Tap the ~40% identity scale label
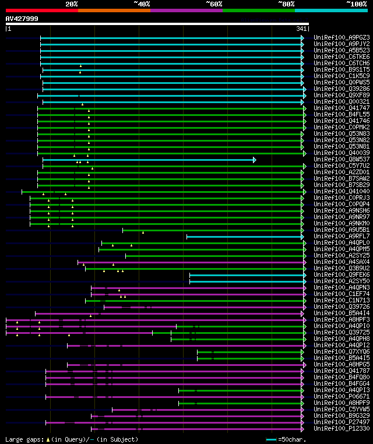coord(142,3)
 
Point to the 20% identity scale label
coord(72,3)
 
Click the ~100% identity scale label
coord(356,3)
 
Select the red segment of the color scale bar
coord(41,10)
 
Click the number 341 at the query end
coord(301,29)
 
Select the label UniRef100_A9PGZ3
coord(341,37)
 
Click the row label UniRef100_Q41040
coord(341,191)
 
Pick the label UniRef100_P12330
coord(341,428)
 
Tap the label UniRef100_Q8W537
coord(341,159)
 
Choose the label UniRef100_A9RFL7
coord(341,236)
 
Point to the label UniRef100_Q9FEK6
coord(341,274)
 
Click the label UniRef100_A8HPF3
coord(341,319)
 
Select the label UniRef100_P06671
coord(341,396)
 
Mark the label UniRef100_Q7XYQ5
coord(341,351)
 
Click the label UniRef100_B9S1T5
coord(341,69)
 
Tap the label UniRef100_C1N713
coord(341,300)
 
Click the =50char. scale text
coord(291,439)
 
